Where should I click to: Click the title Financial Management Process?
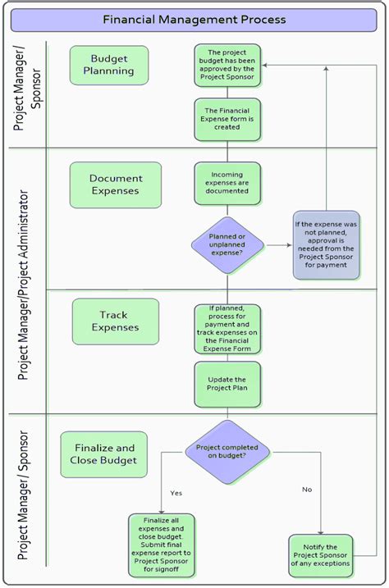(194, 18)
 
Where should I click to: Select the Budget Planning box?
(109, 65)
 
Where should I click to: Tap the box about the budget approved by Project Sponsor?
(227, 65)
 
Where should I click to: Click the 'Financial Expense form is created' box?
(227, 118)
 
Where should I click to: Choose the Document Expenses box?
(116, 185)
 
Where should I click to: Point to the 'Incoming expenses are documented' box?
(227, 183)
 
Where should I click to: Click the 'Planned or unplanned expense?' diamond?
(227, 245)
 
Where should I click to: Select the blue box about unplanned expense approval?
(326, 245)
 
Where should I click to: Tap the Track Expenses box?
(115, 321)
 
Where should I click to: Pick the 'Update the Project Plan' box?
(227, 384)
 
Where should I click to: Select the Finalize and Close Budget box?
(104, 454)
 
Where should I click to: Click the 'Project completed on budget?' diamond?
(227, 453)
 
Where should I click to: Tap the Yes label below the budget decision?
(176, 493)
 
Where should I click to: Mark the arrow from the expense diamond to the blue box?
(278, 245)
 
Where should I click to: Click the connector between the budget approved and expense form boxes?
(227, 92)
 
